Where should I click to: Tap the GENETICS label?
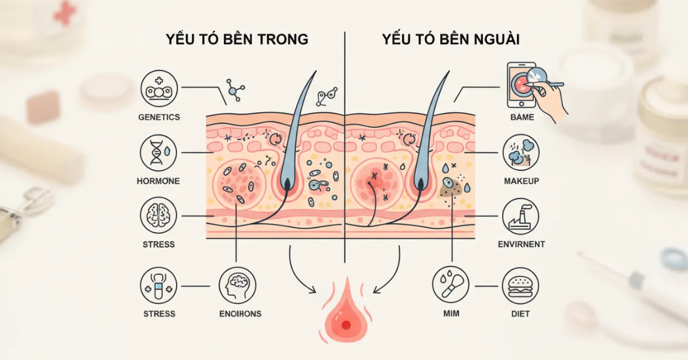159,117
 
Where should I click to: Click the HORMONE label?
159,181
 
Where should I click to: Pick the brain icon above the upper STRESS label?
159,216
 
